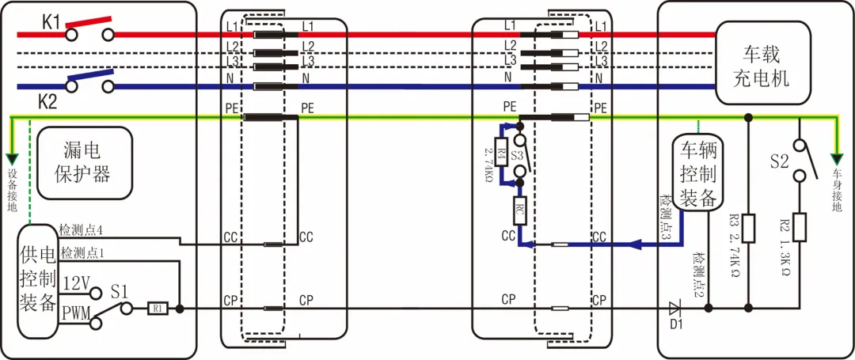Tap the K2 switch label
(x=49, y=101)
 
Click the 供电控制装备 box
(x=37, y=280)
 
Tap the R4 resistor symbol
(x=501, y=151)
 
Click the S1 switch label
(x=120, y=290)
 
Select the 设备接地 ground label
(x=11, y=188)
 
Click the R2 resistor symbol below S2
(x=799, y=227)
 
